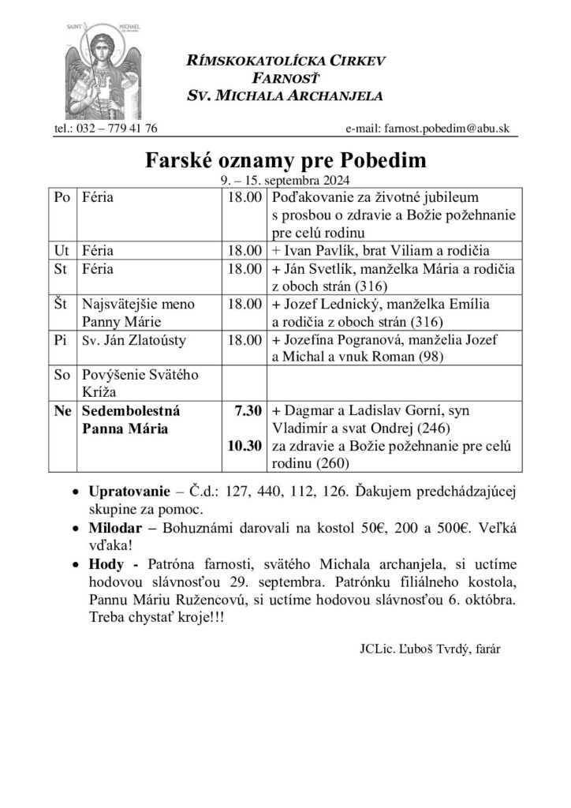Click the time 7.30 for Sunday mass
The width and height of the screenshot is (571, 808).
248,410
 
